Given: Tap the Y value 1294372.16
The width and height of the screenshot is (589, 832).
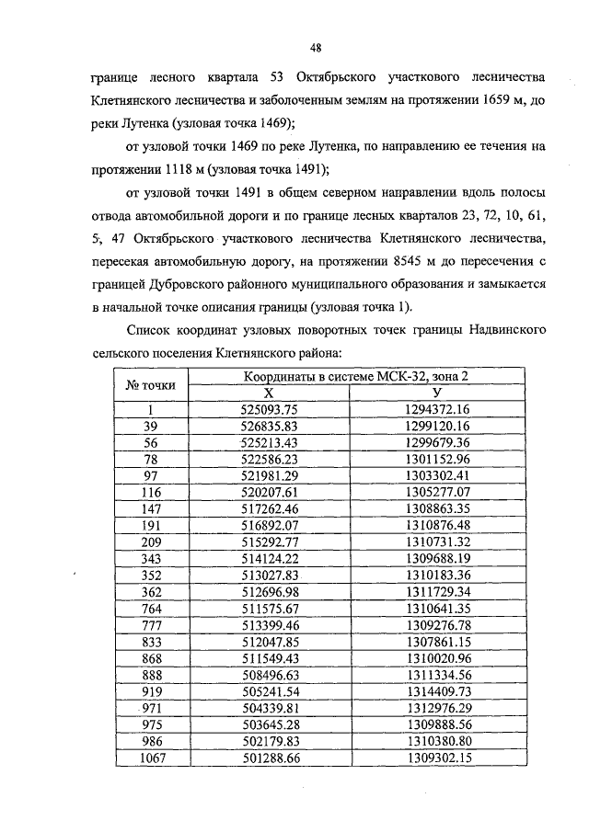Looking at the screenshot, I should [436, 409].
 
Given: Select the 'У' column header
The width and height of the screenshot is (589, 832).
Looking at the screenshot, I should [436, 393].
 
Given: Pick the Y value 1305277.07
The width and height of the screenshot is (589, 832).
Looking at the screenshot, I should [436, 492].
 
